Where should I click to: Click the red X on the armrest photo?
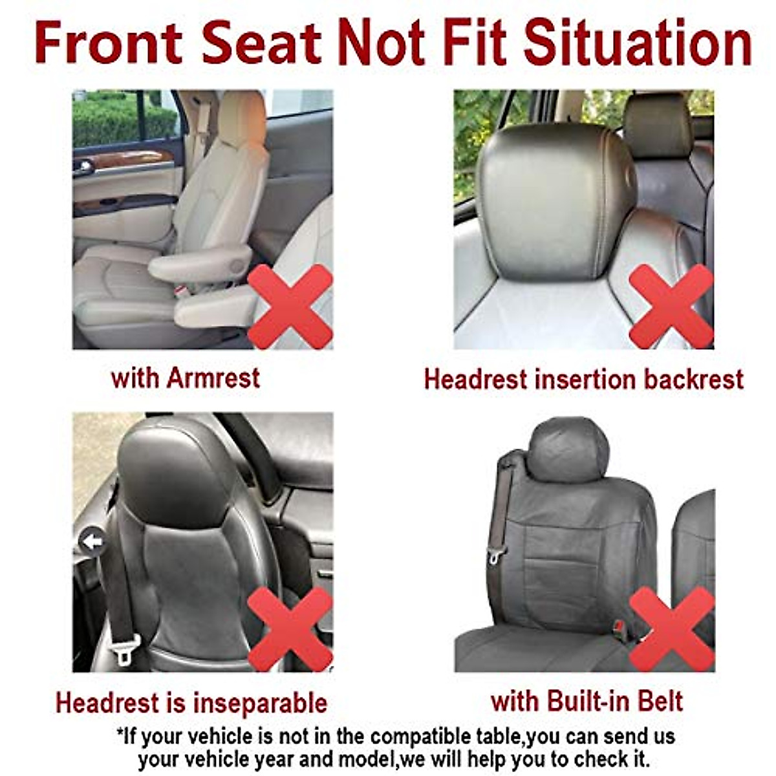coord(290,306)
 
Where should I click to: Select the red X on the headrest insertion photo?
coord(671,306)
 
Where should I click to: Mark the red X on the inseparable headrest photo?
coord(290,629)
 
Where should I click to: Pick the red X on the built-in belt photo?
coord(671,629)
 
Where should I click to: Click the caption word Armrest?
coord(213,378)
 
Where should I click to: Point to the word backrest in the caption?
coord(694,380)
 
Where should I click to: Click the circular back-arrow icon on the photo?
coord(92,541)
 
